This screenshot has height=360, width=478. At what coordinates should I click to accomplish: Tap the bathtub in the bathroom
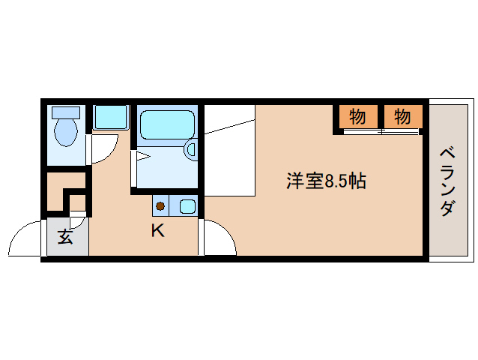coord(167,124)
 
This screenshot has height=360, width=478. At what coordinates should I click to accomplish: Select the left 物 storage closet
coord(357,117)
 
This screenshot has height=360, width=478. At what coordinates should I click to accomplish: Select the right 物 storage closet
coord(402,117)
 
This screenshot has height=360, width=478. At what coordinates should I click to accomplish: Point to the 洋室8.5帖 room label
coord(326,181)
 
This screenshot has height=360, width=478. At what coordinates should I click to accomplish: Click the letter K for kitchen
coord(157,230)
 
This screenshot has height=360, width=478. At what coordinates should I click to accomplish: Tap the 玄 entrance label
coord(65,239)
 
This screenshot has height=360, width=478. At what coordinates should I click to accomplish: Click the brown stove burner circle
coord(160,205)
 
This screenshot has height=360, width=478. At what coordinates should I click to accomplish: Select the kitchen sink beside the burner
coord(186,205)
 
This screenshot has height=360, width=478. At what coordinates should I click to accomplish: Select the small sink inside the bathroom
coord(190,148)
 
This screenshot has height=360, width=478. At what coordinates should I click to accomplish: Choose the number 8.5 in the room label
coord(337,181)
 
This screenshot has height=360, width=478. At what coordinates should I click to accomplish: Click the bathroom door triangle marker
coord(142,157)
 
